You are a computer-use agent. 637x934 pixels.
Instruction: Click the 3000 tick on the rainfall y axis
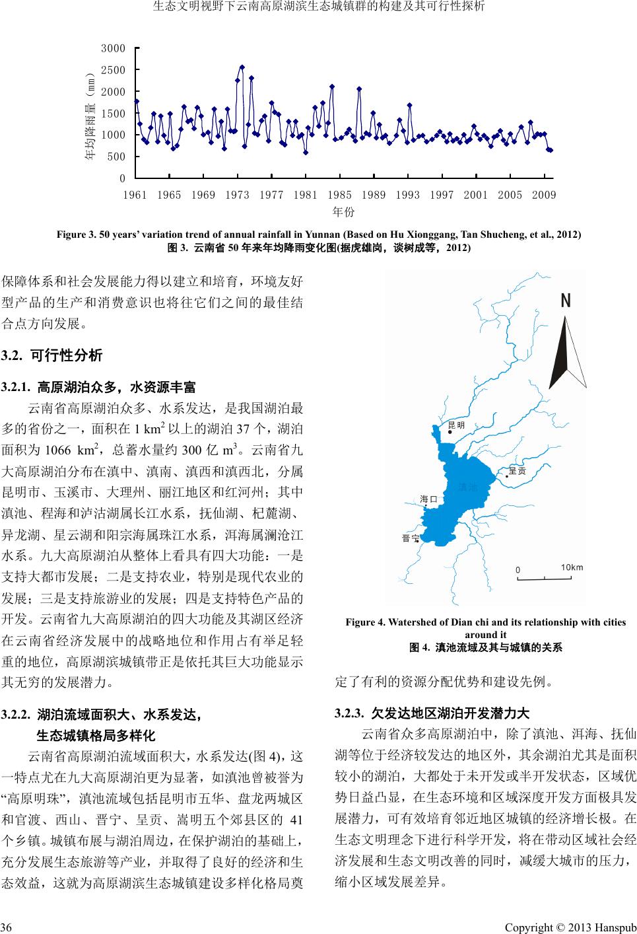[x=113, y=48]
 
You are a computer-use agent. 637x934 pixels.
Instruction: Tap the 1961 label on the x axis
[x=135, y=194]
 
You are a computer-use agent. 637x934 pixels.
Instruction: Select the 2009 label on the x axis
[x=544, y=194]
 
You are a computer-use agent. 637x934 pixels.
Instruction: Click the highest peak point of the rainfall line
[x=242, y=67]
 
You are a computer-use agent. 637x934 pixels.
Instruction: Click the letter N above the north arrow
[x=566, y=301]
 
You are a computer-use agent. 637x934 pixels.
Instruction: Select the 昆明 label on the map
[x=457, y=425]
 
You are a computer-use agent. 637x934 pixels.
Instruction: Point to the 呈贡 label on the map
[x=518, y=471]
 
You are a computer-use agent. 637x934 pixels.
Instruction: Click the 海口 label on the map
[x=429, y=499]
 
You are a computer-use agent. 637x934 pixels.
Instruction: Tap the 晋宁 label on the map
[x=410, y=538]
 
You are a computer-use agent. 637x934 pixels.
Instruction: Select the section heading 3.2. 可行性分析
[x=53, y=356]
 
